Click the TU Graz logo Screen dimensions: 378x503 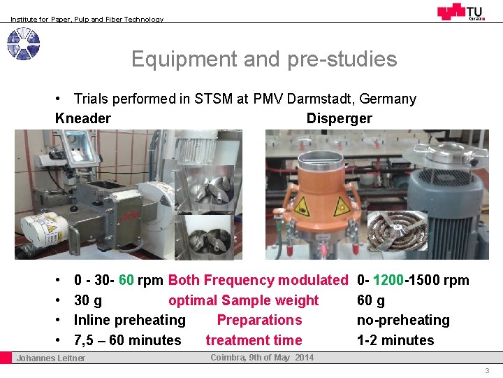click(x=460, y=12)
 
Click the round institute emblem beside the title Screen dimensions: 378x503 click(x=23, y=44)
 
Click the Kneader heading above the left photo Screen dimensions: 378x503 click(x=82, y=118)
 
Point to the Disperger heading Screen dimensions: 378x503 click(x=339, y=118)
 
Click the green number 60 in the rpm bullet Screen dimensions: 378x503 click(x=126, y=281)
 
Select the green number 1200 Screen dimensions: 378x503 click(x=388, y=281)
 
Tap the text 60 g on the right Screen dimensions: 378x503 click(x=371, y=300)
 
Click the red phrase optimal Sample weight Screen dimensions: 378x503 click(x=243, y=300)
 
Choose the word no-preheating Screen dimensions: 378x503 click(x=403, y=320)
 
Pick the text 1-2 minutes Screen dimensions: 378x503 click(x=395, y=340)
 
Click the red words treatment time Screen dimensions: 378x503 click(x=254, y=340)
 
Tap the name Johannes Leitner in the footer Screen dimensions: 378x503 click(x=51, y=358)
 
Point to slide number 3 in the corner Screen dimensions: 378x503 click(x=487, y=370)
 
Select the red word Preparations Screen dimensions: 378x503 click(x=259, y=320)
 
